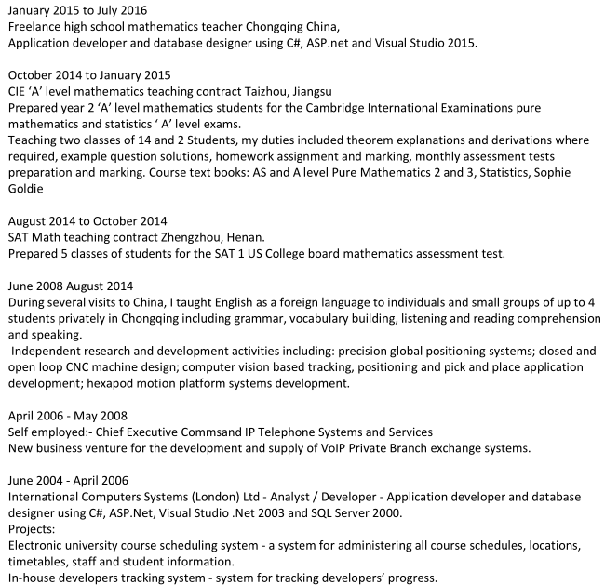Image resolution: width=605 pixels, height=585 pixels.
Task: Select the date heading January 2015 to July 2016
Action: [x=82, y=11]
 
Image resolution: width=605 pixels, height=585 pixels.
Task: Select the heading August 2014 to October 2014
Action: [x=87, y=220]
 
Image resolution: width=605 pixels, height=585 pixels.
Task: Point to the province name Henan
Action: [x=246, y=237]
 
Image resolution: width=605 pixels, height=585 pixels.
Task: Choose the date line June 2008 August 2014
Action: [x=71, y=286]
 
